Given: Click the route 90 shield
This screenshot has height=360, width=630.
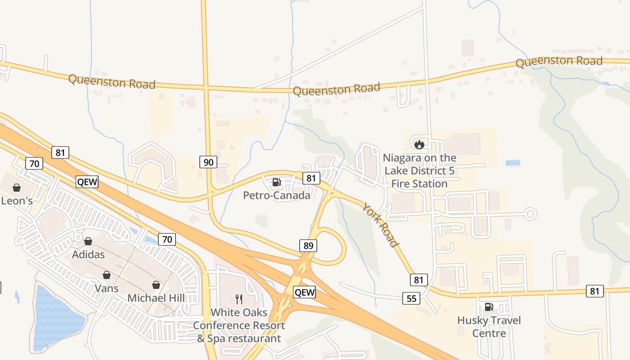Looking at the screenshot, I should (x=208, y=162).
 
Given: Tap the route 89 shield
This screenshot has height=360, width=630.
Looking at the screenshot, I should (x=308, y=246).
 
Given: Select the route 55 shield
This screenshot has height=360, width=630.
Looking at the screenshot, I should (x=412, y=298).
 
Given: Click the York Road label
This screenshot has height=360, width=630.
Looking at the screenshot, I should (x=381, y=225).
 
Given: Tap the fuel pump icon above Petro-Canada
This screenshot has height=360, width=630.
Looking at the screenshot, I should (x=276, y=182).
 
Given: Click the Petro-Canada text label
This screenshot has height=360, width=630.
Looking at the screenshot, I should (x=276, y=195).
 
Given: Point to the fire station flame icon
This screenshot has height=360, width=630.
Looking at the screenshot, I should (x=419, y=144).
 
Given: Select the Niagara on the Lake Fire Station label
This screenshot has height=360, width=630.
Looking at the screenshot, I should (x=419, y=171).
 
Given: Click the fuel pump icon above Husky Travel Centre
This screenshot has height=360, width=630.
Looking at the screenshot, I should (x=489, y=307).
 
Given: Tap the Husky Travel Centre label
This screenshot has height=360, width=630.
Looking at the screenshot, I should (x=489, y=327).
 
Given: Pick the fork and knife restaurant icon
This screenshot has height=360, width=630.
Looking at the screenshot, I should (x=239, y=299).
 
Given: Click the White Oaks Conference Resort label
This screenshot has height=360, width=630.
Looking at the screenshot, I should (x=239, y=325).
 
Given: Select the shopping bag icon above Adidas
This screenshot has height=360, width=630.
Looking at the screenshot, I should (x=88, y=242).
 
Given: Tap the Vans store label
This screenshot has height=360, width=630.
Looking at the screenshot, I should (x=107, y=288).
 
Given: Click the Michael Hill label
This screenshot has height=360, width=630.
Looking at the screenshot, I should (x=156, y=298).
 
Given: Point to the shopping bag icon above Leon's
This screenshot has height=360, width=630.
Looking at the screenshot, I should (x=17, y=188).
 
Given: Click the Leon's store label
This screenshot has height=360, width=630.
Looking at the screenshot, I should (x=17, y=201).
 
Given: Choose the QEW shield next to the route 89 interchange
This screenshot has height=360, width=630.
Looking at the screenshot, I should (x=305, y=292).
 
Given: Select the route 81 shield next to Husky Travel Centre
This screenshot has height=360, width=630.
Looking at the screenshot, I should (x=594, y=291).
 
